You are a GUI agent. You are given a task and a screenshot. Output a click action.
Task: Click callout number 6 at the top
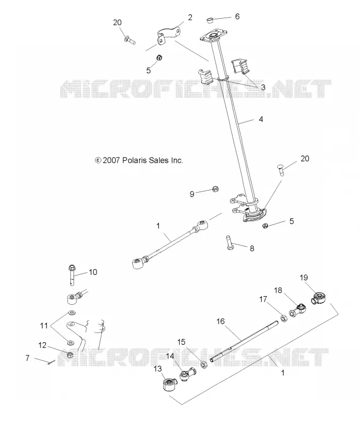click(x=237, y=17)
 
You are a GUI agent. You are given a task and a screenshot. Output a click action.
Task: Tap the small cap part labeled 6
click(x=209, y=20)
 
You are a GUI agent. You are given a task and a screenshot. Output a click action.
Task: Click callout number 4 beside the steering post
click(x=261, y=119)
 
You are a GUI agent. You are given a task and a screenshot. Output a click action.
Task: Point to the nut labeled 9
click(x=215, y=188)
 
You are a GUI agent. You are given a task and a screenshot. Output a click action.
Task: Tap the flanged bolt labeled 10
click(x=73, y=274)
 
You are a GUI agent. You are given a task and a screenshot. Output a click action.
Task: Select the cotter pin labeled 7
click(x=51, y=362)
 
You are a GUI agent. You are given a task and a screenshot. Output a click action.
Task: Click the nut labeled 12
click(x=70, y=355)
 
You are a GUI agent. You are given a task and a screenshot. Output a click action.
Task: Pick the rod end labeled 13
click(x=169, y=384)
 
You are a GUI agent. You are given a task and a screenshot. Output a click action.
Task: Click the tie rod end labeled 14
click(x=188, y=374)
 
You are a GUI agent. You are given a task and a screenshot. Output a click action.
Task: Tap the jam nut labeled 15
click(x=203, y=364)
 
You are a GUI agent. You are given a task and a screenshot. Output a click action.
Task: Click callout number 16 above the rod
click(x=220, y=322)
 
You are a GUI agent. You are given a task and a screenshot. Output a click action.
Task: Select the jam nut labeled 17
click(x=283, y=318)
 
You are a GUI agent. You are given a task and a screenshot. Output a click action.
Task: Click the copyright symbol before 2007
click(x=98, y=161)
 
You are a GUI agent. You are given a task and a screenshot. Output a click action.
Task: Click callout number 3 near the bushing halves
click(x=263, y=88)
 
